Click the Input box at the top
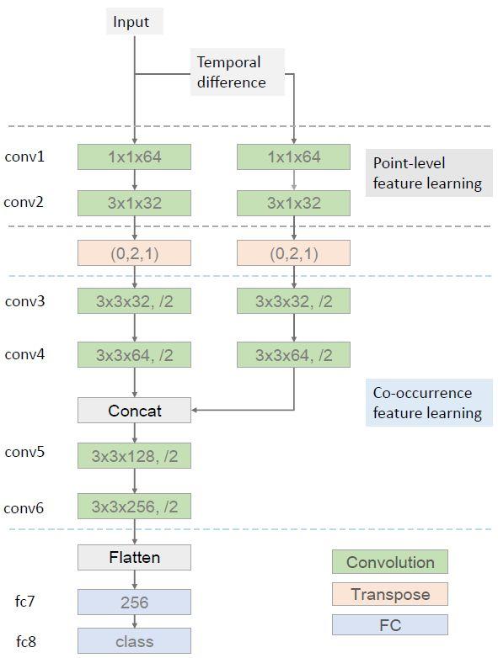(x=135, y=22)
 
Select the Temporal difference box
(x=238, y=72)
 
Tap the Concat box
(x=135, y=411)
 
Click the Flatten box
(x=135, y=557)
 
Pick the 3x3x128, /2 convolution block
(x=135, y=456)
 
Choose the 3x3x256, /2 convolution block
(x=135, y=506)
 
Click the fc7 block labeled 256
(x=135, y=602)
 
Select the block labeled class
(x=135, y=641)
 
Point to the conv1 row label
(x=24, y=157)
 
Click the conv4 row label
(x=24, y=354)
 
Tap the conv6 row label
(x=24, y=508)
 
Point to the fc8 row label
(x=26, y=641)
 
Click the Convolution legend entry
(x=390, y=562)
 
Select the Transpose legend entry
(x=390, y=594)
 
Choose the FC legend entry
(x=390, y=625)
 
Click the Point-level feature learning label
(x=429, y=172)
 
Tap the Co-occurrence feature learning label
(x=429, y=403)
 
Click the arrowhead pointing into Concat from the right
(x=195, y=410)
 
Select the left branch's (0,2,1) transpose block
(x=135, y=253)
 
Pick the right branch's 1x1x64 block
(x=294, y=157)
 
